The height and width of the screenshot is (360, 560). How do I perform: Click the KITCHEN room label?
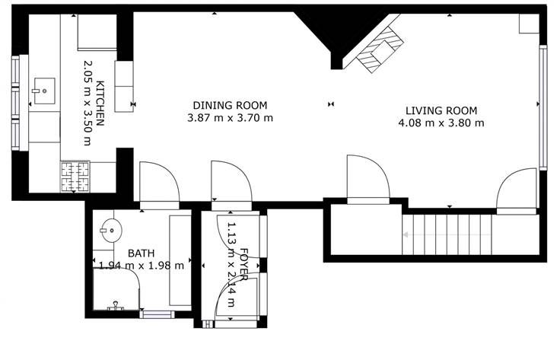100,104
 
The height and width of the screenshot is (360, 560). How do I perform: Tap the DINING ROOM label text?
230,105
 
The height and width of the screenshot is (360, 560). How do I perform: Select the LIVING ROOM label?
441,110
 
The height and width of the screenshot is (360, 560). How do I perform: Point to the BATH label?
141,253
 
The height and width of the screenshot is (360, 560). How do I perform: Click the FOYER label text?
244,265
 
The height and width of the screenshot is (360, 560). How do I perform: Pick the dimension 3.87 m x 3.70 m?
230,117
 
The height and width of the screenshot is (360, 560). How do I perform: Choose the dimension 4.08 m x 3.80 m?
441,123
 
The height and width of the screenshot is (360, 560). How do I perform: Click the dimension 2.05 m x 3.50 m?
87,103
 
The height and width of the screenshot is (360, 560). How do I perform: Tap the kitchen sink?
44,91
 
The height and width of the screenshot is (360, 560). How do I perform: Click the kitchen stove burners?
75,177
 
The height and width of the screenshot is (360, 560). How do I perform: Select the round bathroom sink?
111,231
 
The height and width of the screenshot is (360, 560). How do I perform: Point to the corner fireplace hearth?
380,50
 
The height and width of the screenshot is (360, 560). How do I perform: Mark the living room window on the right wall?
542,107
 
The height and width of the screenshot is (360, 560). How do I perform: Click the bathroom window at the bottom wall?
157,314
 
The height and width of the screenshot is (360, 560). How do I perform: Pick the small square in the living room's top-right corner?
529,24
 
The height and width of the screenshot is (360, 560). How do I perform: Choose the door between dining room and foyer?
232,186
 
